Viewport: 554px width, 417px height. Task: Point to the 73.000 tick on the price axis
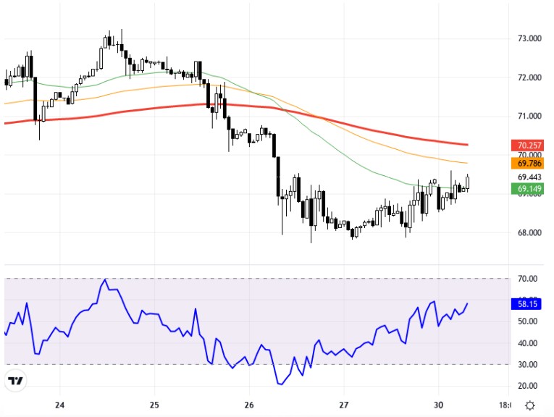pyautogui.click(x=529, y=38)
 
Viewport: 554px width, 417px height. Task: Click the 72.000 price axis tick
pyautogui.click(x=529, y=77)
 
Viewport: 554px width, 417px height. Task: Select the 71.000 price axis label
pyautogui.click(x=529, y=116)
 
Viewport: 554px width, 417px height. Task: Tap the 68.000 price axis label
pyautogui.click(x=529, y=232)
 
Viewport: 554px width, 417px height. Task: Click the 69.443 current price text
pyautogui.click(x=529, y=177)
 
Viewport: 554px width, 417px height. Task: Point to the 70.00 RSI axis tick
pyautogui.click(x=527, y=279)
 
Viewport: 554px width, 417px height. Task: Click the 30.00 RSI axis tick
pyautogui.click(x=527, y=364)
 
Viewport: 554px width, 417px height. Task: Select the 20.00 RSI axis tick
pyautogui.click(x=527, y=386)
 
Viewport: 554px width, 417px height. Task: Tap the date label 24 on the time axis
pyautogui.click(x=59, y=405)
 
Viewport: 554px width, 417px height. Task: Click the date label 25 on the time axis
pyautogui.click(x=154, y=405)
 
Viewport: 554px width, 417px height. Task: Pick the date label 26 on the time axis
pyautogui.click(x=249, y=405)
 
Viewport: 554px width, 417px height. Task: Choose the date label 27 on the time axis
pyautogui.click(x=344, y=405)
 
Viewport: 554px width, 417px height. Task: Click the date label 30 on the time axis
pyautogui.click(x=439, y=405)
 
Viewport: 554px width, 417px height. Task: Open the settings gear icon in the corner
pyautogui.click(x=530, y=405)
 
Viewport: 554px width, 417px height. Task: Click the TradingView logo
pyautogui.click(x=15, y=380)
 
